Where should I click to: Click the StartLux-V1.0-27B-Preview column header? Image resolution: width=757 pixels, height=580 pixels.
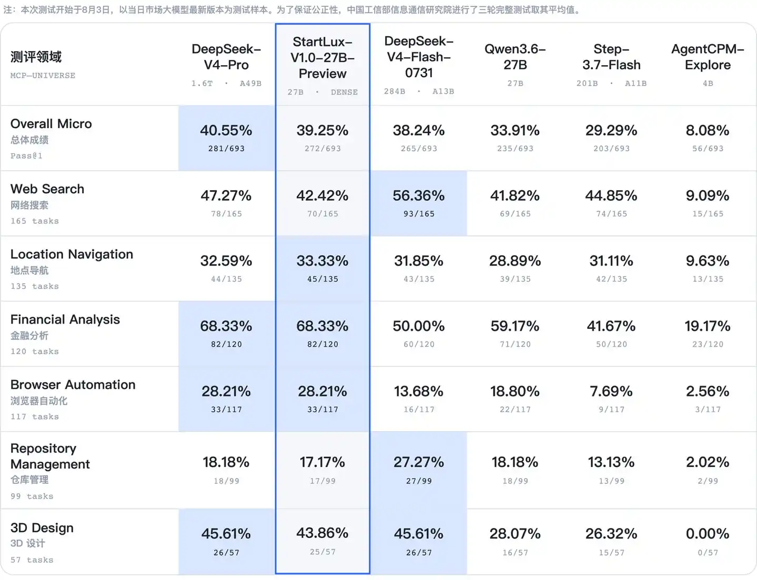point(322,58)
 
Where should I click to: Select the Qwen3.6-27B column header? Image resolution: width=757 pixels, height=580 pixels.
point(515,57)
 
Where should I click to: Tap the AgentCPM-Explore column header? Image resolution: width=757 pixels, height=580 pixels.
point(708,57)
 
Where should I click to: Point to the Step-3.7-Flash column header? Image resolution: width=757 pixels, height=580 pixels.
point(611,57)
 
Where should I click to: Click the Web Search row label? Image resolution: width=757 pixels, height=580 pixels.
point(47,189)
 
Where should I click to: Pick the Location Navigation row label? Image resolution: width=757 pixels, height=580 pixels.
point(72,254)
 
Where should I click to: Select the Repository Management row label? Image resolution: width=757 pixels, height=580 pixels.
point(50,456)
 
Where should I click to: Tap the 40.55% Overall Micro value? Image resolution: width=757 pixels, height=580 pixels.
point(226,130)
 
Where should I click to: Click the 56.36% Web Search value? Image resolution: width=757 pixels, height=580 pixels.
point(419,195)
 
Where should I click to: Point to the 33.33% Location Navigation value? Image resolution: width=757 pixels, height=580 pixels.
point(322,261)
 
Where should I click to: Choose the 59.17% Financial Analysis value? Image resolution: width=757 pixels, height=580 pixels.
point(515,326)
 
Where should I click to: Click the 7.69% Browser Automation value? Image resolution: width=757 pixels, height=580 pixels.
point(611,391)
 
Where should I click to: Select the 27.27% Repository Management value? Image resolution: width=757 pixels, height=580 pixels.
point(419,462)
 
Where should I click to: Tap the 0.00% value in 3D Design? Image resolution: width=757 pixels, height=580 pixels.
point(708,533)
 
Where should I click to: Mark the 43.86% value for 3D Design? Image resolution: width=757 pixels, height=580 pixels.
point(322,533)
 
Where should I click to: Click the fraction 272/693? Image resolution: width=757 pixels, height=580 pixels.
point(322,149)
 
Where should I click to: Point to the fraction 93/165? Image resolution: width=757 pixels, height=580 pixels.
point(419,214)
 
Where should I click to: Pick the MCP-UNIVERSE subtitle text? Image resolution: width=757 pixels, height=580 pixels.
point(43,76)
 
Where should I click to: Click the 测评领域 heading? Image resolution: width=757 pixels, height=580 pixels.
point(36,57)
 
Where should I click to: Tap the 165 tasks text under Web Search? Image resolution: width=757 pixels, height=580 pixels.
point(35,221)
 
